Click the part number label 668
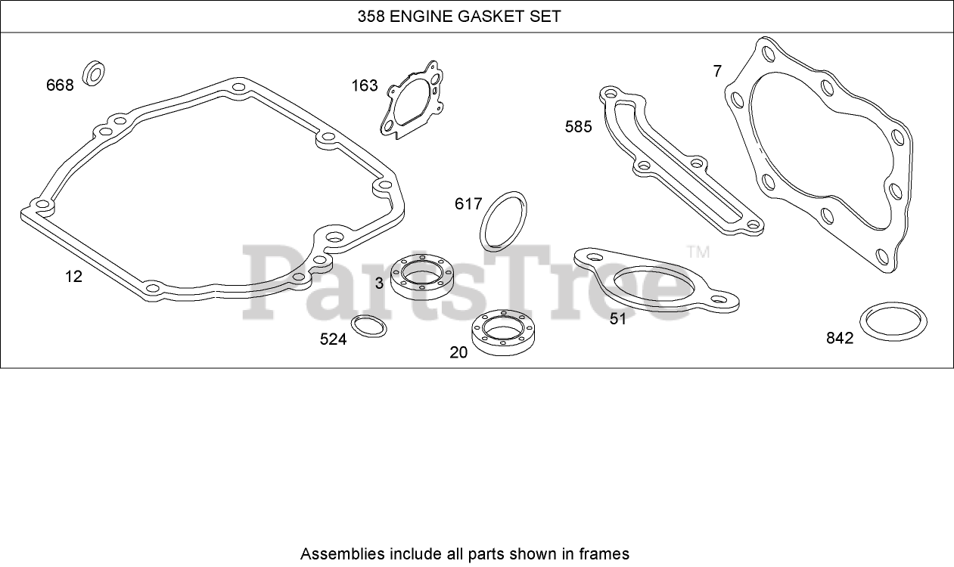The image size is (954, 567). [61, 85]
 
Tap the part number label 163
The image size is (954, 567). [364, 85]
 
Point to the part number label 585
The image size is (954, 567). [579, 126]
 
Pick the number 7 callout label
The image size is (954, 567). [717, 71]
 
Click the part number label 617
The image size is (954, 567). [468, 204]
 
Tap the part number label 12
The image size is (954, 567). [73, 277]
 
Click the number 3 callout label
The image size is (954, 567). [379, 283]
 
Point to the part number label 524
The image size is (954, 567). [333, 339]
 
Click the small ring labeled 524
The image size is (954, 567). [369, 327]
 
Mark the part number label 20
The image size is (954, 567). [458, 352]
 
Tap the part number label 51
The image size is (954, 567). [618, 319]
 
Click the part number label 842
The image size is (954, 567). [840, 338]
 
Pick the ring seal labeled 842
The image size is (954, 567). [894, 323]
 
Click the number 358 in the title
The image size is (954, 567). [371, 16]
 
